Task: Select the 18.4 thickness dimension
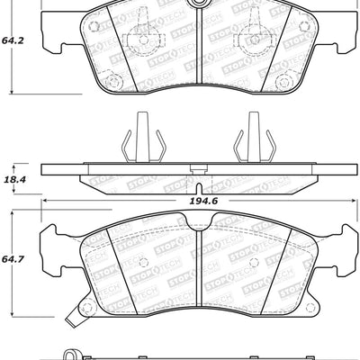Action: (13, 180)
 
